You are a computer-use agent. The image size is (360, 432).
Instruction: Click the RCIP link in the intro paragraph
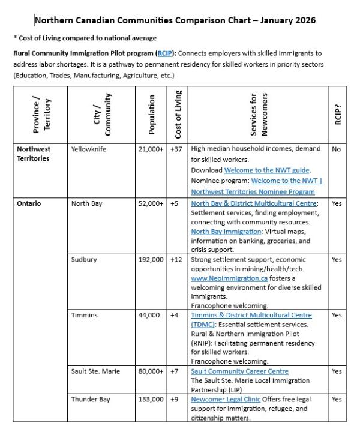[164, 53]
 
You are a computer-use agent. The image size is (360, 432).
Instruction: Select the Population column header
[152, 113]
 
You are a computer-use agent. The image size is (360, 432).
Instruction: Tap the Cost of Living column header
[178, 113]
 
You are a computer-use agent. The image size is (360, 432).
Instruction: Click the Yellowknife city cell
[88, 149]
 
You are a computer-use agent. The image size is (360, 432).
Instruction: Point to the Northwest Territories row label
[34, 154]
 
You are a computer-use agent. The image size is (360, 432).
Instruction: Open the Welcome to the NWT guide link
[259, 170]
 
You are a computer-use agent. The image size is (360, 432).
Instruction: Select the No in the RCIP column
[336, 149]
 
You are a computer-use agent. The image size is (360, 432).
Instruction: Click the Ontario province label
[29, 203]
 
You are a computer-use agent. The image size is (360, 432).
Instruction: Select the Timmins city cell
[84, 315]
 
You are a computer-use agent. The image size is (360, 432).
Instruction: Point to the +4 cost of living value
[175, 315]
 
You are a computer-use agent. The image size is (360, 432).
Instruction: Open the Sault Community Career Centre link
[239, 371]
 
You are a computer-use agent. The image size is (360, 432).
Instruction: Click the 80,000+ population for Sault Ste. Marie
[151, 371]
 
